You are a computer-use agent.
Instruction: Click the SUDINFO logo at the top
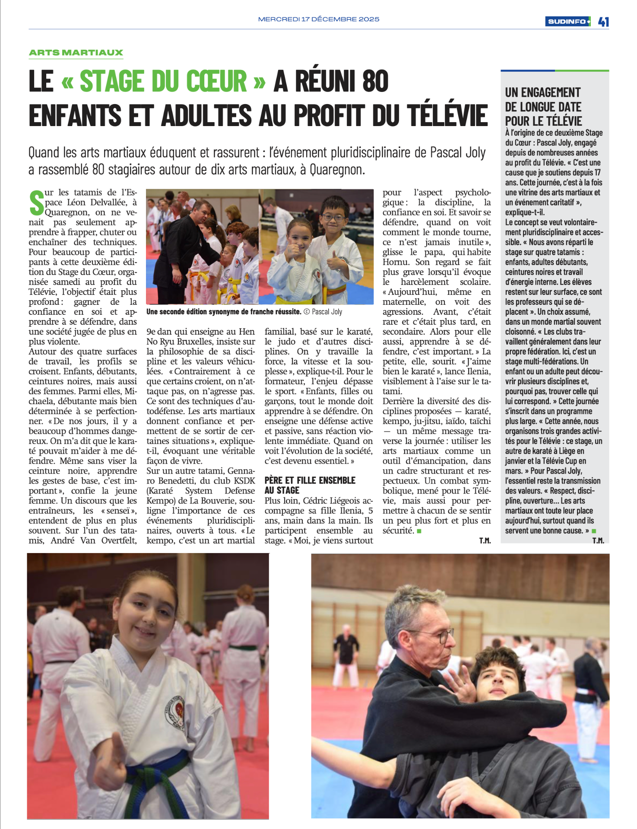click(x=567, y=22)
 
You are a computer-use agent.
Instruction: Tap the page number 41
click(x=603, y=22)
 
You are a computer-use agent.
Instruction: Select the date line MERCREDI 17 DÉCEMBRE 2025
click(x=319, y=19)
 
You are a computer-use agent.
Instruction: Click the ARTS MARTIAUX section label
click(x=76, y=53)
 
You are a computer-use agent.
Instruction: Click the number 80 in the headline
click(x=375, y=81)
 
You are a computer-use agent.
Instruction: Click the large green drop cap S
click(x=36, y=203)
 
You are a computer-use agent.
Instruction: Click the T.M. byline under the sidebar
click(x=598, y=541)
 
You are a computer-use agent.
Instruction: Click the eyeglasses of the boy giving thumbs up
click(x=333, y=217)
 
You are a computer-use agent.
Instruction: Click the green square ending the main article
click(x=419, y=531)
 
